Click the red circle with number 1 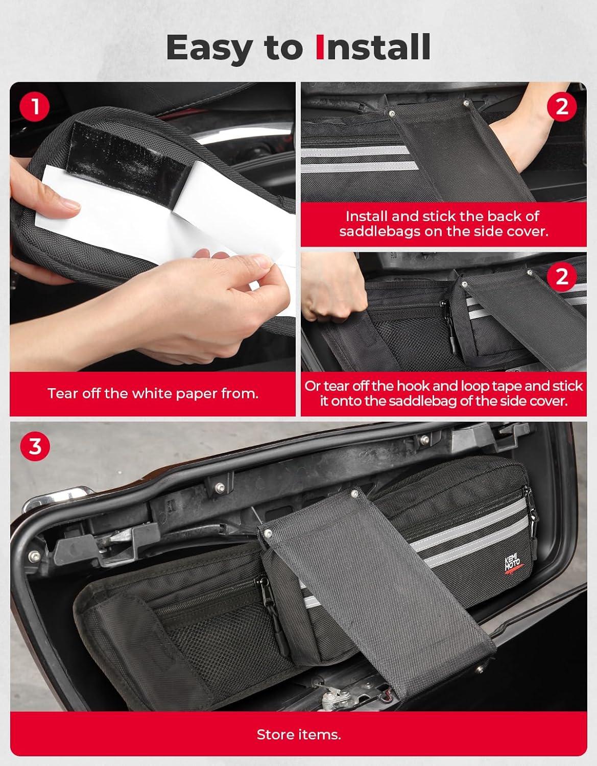pos(35,107)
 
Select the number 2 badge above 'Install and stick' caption pos(562,106)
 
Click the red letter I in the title pos(320,47)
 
